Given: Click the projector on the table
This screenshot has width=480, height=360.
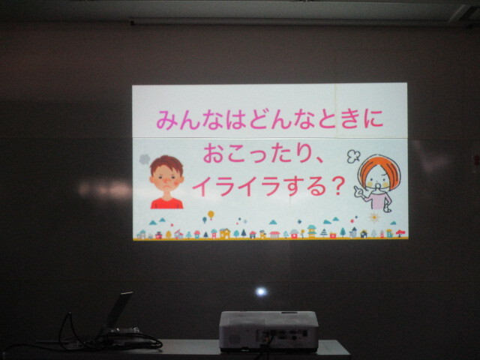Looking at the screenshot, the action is (268, 331).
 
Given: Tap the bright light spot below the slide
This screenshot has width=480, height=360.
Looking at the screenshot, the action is (261, 292).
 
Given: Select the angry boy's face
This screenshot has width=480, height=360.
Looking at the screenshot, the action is (166, 179).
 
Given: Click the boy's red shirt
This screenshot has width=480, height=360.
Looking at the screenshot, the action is (166, 203).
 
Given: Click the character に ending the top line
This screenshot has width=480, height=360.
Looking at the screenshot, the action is (373, 118).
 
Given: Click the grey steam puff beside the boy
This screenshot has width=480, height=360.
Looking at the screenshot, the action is (145, 160).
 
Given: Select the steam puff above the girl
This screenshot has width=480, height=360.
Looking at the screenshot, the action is (353, 156).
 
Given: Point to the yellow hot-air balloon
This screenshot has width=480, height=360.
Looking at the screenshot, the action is (211, 214).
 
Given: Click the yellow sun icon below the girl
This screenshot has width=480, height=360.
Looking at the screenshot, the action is (374, 217).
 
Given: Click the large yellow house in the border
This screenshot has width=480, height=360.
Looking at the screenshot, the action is (225, 233).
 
